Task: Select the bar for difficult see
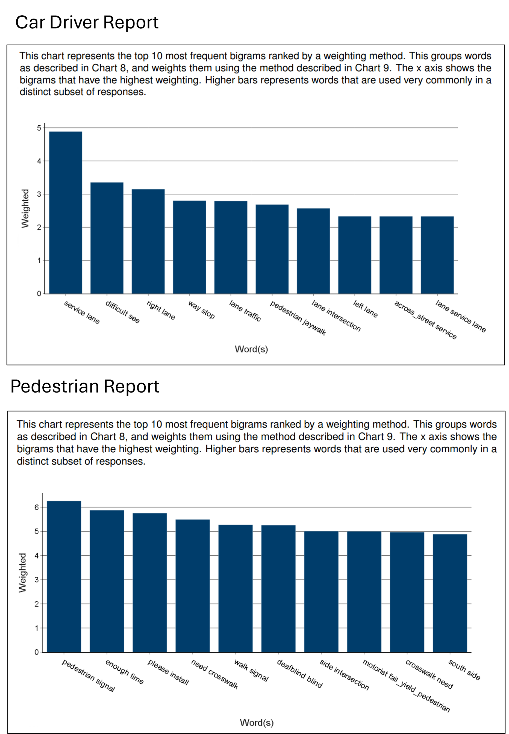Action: pos(107,238)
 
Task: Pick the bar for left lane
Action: pos(355,255)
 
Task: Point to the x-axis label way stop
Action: pos(202,309)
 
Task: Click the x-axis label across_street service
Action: pos(425,320)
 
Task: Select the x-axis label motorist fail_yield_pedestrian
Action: pos(406,686)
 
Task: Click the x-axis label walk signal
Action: pos(251,671)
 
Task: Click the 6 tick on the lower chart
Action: pos(37,507)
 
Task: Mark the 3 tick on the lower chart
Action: pos(37,580)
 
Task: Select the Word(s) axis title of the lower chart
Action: pos(257,722)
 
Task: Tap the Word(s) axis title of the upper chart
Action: pos(251,349)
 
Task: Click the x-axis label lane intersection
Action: pos(336,316)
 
